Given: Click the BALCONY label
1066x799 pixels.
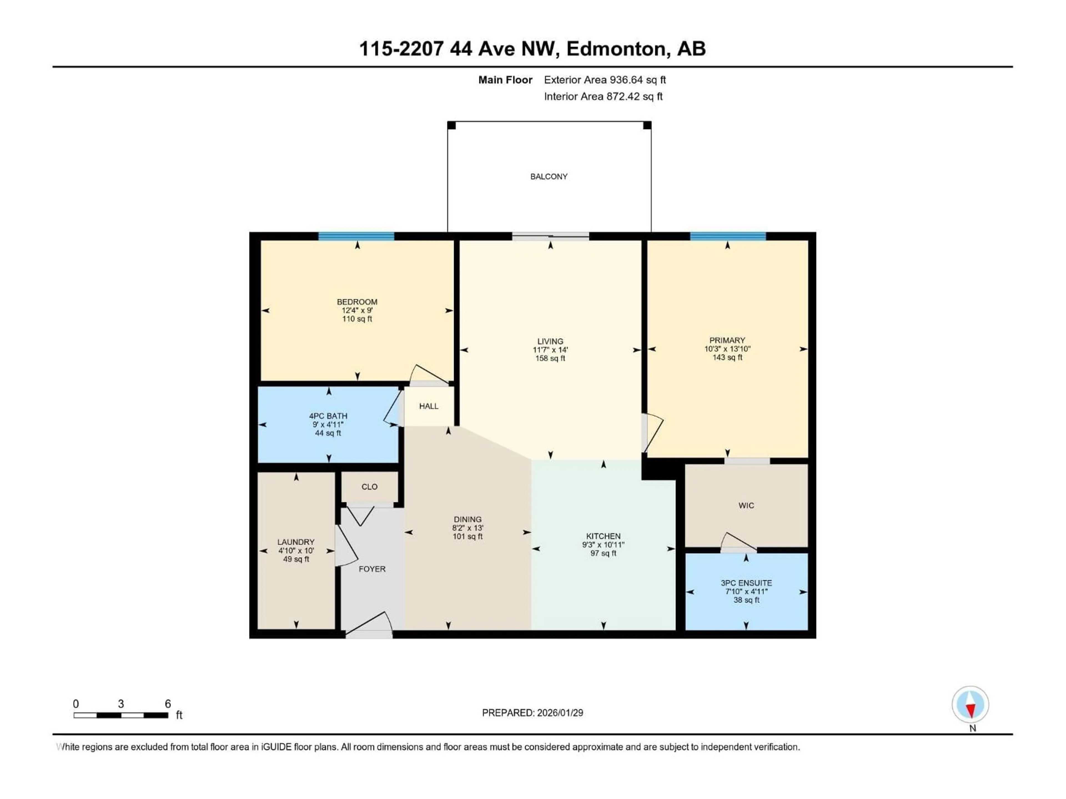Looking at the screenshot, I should click(x=549, y=177).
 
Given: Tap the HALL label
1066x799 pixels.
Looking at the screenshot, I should click(x=428, y=406).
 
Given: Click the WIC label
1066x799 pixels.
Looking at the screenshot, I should click(x=746, y=505).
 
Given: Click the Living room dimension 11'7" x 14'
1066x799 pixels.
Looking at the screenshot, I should click(x=550, y=350).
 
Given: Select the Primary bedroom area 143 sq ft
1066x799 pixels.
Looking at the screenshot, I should click(x=727, y=357).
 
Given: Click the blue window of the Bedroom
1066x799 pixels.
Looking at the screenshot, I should click(x=356, y=236).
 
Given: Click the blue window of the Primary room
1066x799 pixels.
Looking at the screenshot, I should click(x=728, y=236).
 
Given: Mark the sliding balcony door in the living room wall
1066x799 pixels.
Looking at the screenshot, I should click(x=550, y=236).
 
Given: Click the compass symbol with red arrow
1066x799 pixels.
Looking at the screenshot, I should click(x=970, y=704).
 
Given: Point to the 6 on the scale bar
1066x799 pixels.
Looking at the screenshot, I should click(x=168, y=704).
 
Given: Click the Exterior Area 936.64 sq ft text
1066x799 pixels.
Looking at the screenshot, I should click(x=605, y=80).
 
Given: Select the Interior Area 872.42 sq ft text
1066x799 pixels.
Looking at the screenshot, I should click(x=603, y=96).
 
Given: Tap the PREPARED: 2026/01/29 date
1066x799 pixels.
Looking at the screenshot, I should click(x=532, y=713).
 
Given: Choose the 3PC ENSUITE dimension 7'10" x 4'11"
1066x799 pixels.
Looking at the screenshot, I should click(x=746, y=591).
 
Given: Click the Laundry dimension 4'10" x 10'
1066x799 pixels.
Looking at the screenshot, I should click(x=296, y=550).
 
